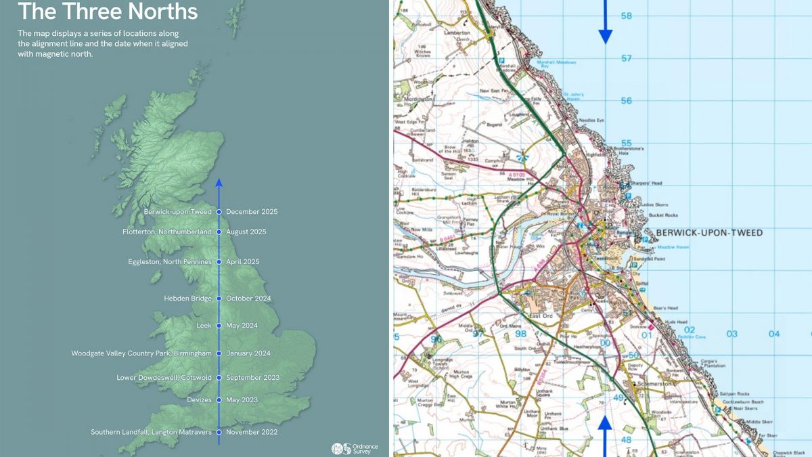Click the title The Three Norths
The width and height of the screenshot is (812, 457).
pyautogui.click(x=108, y=12)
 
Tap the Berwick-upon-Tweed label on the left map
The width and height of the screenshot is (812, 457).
pyautogui.click(x=178, y=212)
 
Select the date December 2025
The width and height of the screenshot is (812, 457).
pyautogui.click(x=252, y=212)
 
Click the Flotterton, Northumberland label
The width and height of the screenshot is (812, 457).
pyautogui.click(x=167, y=232)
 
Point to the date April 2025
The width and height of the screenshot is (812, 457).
pyautogui.click(x=242, y=262)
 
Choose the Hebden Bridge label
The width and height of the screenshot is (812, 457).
pyautogui.click(x=187, y=299)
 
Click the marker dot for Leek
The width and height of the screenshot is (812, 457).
pyautogui.click(x=219, y=326)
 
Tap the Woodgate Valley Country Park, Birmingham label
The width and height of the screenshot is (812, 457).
pyautogui.click(x=141, y=353)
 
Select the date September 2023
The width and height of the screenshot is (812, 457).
pyautogui.click(x=252, y=378)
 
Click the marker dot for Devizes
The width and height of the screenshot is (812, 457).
pyautogui.click(x=219, y=400)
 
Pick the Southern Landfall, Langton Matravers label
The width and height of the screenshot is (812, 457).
pyautogui.click(x=152, y=432)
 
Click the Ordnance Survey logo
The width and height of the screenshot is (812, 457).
pyautogui.click(x=355, y=448)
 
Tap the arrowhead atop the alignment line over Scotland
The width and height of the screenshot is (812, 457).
pyautogui.click(x=219, y=182)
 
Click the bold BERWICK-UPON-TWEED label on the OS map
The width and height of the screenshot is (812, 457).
pyautogui.click(x=709, y=233)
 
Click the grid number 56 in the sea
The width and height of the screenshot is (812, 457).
pyautogui.click(x=626, y=101)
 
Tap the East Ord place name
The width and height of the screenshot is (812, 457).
pyautogui.click(x=542, y=316)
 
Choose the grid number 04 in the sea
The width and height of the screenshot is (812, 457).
pyautogui.click(x=774, y=334)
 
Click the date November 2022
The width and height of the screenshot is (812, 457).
pyautogui.click(x=252, y=432)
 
